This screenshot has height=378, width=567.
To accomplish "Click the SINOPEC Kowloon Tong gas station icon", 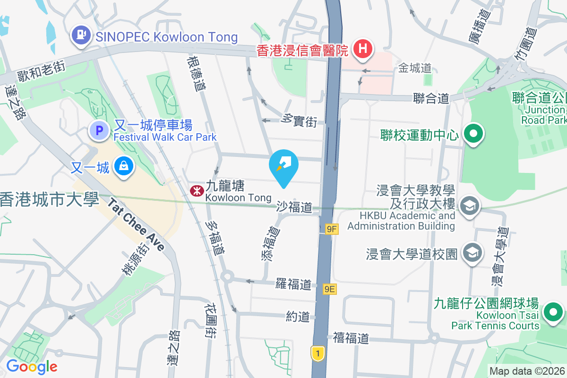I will click(81, 36).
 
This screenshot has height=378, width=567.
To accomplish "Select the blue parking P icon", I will click(100, 130).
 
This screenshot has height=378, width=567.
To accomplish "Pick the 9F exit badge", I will click(332, 230).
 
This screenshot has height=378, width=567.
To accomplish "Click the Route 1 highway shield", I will click(318, 353).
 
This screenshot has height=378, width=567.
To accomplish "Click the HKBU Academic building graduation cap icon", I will click(471, 206).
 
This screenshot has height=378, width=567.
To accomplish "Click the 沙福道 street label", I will click(294, 207).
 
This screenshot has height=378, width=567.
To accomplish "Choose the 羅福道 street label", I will click(293, 284).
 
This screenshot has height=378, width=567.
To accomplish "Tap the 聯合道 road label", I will click(430, 98).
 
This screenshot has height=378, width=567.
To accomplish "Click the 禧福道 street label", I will click(350, 338).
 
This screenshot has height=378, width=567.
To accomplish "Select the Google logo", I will click(32, 367).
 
